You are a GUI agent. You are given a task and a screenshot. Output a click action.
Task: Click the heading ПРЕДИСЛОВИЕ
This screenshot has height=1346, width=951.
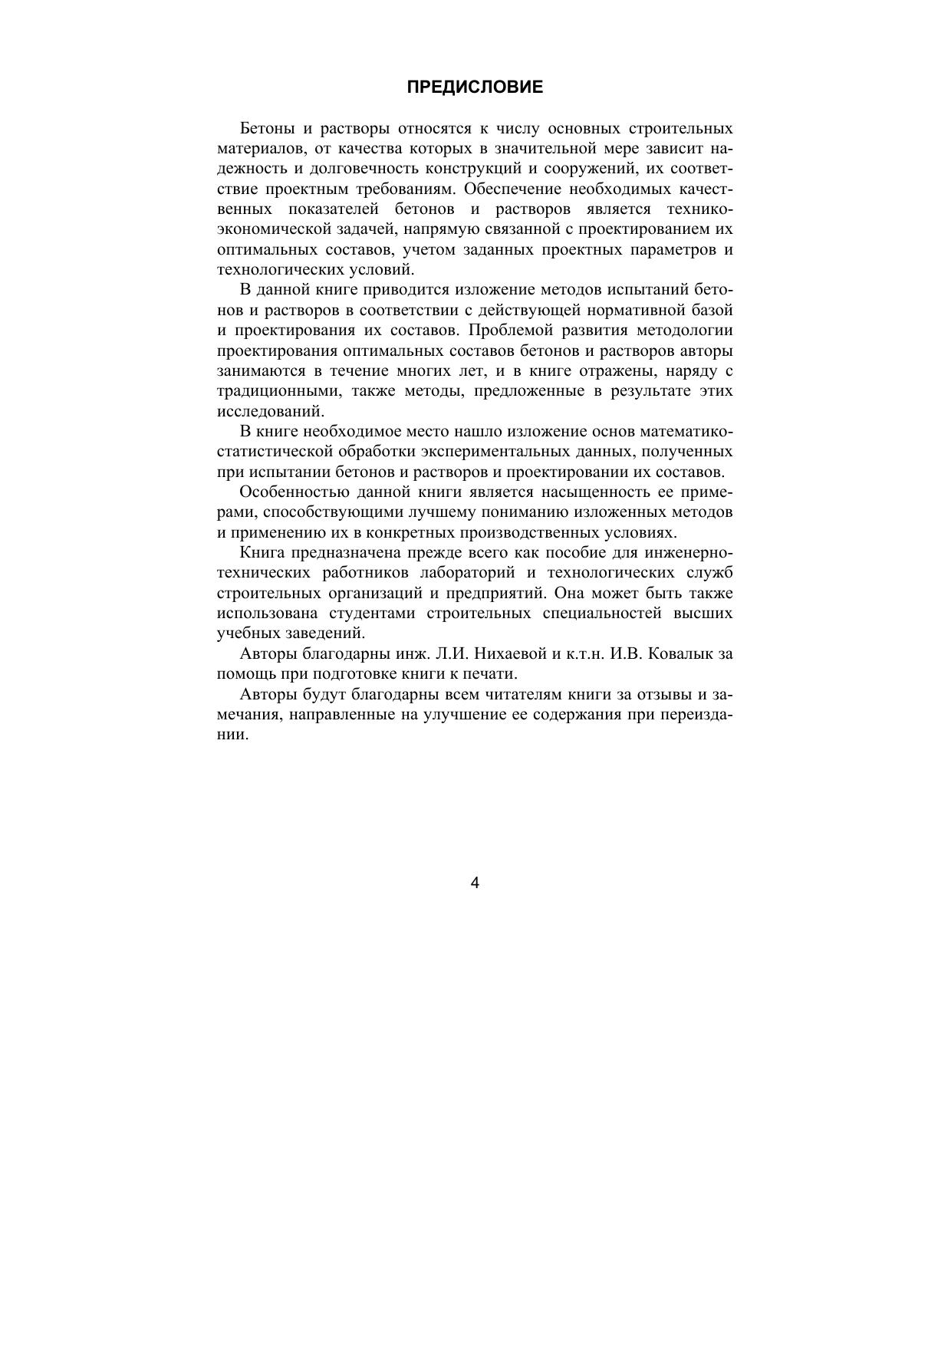click(x=475, y=87)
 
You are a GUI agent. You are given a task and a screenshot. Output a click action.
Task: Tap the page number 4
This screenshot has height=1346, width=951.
click(x=475, y=884)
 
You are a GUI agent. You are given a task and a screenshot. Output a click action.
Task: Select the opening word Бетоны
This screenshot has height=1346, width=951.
click(x=266, y=128)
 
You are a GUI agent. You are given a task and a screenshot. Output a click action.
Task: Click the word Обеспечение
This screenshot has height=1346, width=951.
click(x=513, y=189)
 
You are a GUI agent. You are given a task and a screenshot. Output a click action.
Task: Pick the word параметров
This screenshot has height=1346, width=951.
click(x=669, y=249)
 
